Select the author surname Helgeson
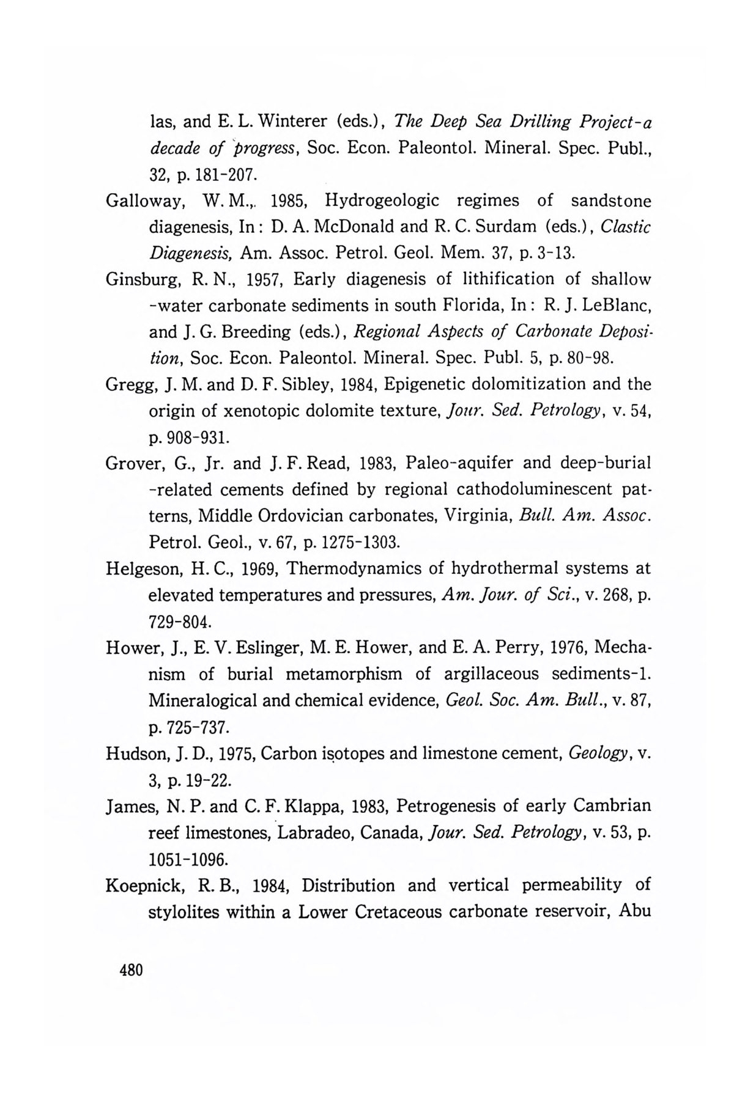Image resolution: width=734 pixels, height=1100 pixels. point(142,569)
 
